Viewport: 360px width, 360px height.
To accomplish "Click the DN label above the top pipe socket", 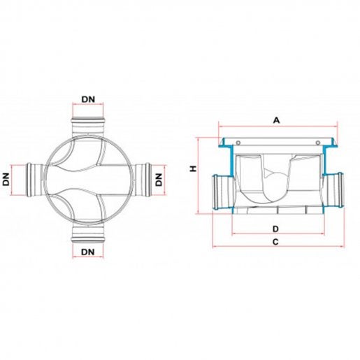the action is click(x=88, y=99).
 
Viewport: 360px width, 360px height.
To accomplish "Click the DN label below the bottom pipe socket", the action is click(x=88, y=252).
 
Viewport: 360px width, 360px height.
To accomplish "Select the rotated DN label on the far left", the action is click(x=6, y=180).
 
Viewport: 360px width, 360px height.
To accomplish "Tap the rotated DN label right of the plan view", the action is click(x=159, y=180).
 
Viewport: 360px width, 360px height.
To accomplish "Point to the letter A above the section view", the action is click(x=276, y=120).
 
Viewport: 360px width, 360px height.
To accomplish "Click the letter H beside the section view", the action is click(x=193, y=168).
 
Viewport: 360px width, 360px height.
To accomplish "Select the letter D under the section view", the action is click(x=275, y=229).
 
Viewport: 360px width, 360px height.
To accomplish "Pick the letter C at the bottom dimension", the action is click(x=275, y=242).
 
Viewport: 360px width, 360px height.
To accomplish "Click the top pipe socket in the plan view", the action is click(x=88, y=127).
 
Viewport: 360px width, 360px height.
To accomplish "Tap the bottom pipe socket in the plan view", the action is click(x=88, y=233).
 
